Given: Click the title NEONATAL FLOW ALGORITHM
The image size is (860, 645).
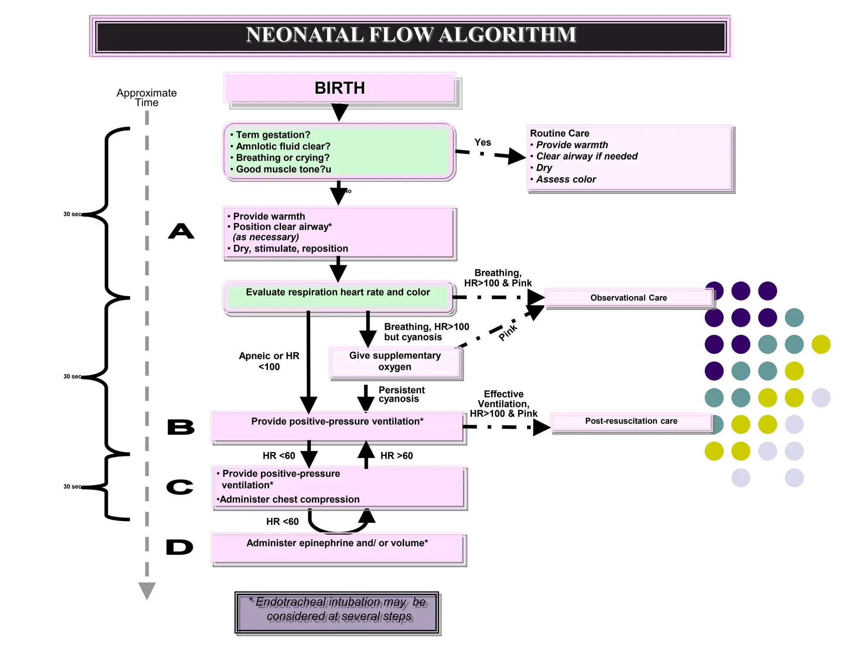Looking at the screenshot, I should [411, 35].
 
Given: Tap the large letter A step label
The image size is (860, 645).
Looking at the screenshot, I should [181, 231].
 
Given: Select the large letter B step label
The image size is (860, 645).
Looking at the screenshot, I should [181, 427].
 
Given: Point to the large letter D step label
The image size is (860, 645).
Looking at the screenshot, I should [179, 547].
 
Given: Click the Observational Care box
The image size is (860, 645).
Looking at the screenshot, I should [628, 298].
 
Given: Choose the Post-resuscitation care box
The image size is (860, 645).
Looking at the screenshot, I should [631, 421].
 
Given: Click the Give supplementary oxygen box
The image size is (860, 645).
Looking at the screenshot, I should [395, 362].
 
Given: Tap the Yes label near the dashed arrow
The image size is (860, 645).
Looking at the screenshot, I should [482, 143].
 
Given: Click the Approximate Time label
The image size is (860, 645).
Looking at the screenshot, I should [147, 97].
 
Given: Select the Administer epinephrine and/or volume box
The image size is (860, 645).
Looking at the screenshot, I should [337, 548].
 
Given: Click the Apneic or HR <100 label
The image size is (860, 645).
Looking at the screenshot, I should [269, 361].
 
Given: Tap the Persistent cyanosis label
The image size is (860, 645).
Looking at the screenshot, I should [401, 394].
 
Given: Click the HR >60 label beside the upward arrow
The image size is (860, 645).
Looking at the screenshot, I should [396, 456].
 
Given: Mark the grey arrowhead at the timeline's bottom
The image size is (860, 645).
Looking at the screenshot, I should [147, 590].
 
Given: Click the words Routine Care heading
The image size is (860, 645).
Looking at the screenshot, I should [559, 134].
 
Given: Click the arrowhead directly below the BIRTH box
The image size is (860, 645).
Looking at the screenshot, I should [339, 112].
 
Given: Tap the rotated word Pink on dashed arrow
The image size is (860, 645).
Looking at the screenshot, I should [508, 332].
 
